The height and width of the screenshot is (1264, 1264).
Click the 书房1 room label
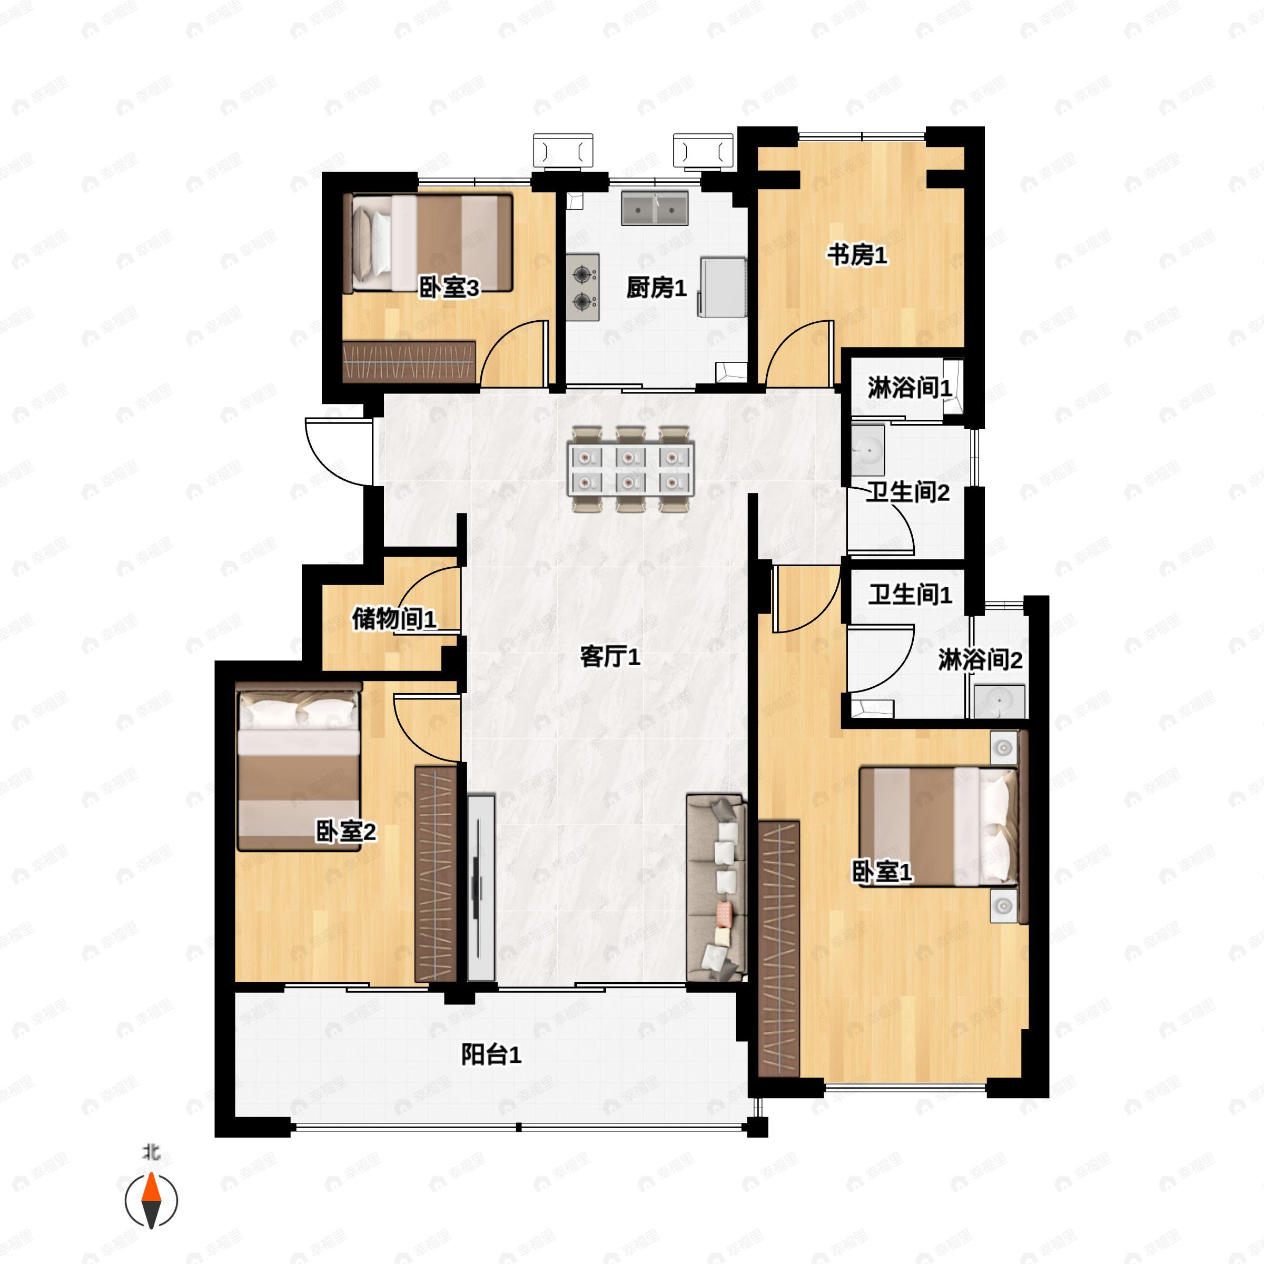pos(857,254)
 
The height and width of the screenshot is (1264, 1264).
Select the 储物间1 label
pos(394,618)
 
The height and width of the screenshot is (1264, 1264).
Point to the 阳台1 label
pos(491,1054)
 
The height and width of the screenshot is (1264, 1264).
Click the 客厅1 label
pos(610,656)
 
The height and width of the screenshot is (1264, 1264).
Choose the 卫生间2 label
pos(907,492)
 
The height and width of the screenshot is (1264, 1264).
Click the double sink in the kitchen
pos(654,208)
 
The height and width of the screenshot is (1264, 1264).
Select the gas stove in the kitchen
pos(582,287)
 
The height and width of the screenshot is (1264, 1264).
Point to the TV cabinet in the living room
pos(481,887)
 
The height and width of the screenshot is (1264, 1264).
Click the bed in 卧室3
pos(427,243)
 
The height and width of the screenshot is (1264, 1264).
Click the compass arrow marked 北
pos(151,1201)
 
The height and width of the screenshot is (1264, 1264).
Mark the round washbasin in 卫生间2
pos(868,450)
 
